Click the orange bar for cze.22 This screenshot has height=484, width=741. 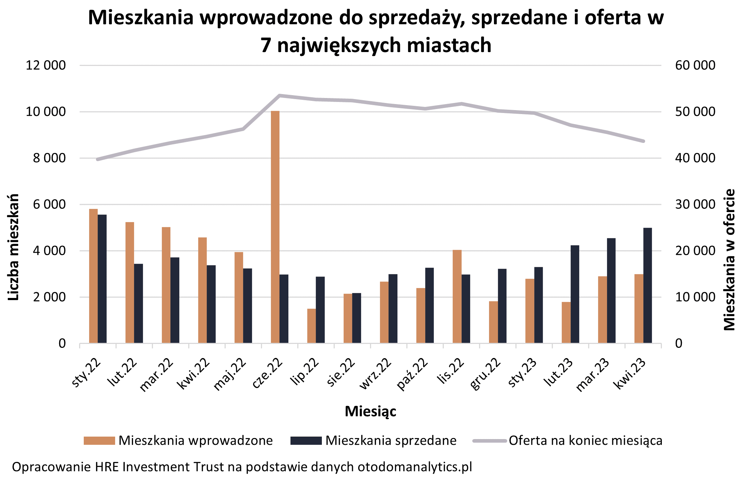pos(275,227)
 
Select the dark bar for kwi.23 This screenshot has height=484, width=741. pos(648,285)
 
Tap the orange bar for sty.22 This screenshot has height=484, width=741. pos(93,276)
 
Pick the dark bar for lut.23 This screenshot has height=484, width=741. pos(575,294)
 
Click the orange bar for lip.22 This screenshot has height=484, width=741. pos(312,326)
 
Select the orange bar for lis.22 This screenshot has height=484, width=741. pos(457,297)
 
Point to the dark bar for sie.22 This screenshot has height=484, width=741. pos(357,318)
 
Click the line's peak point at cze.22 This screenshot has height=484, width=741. pos(280,96)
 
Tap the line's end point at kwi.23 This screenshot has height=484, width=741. pos(643,141)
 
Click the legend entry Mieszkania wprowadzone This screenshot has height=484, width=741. pos(178,441)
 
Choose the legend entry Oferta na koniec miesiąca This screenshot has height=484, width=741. pos(567,441)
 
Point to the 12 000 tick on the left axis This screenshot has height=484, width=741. pos(46,65)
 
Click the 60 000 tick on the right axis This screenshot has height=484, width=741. pos(695,65)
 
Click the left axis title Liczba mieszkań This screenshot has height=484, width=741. pos(14,247)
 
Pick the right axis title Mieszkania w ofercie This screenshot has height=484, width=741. pos(730,259)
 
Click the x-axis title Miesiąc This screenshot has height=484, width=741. pos(370,411)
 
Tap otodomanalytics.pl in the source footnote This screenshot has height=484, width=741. pos(415,467)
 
